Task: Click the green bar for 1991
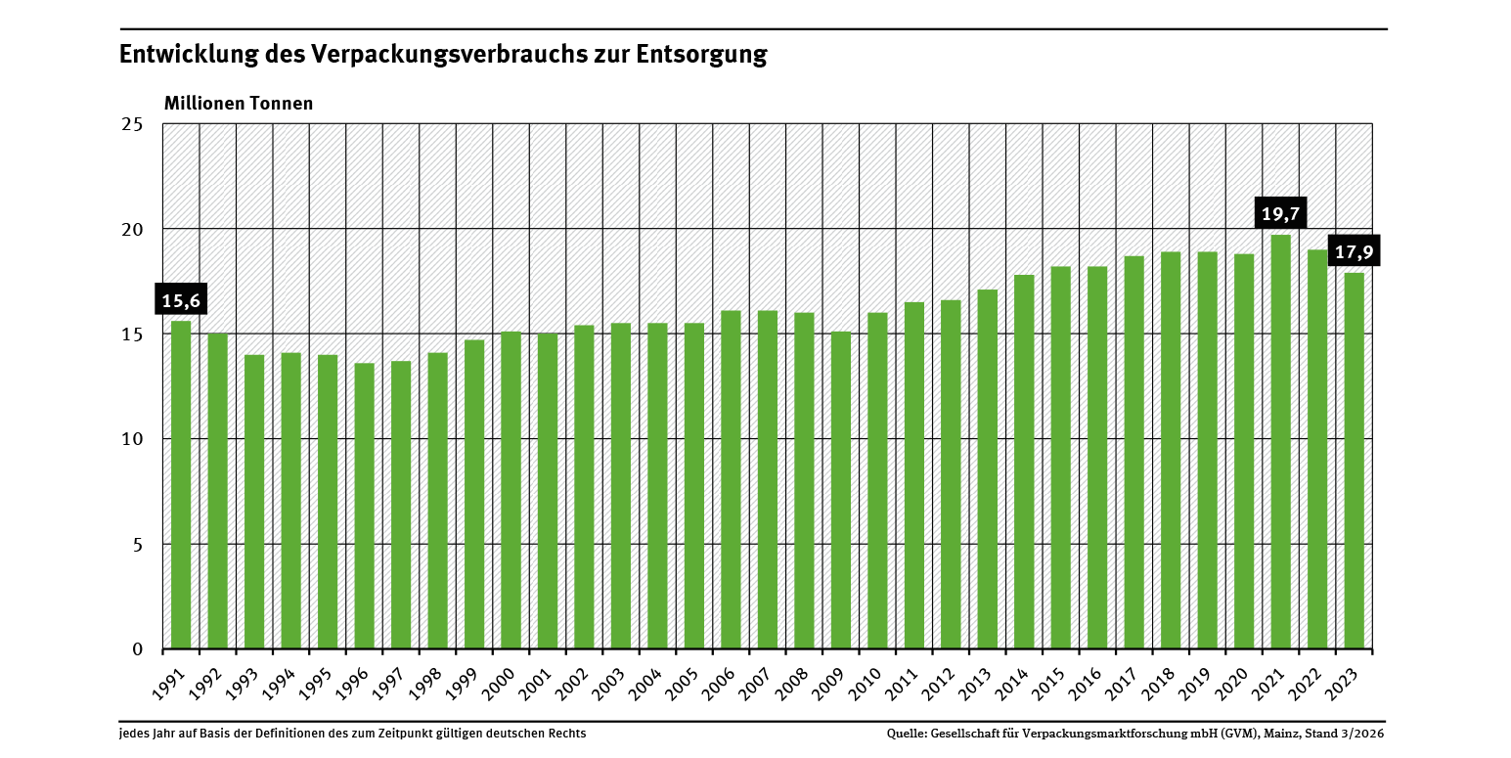coord(181,484)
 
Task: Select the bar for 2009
coord(841,489)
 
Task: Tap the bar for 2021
coord(1280,441)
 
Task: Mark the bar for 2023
coord(1354,461)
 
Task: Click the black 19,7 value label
coord(1280,214)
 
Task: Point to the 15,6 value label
coord(181,300)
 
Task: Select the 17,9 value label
coord(1355,251)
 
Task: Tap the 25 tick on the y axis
coord(133,124)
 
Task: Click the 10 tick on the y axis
coord(133,439)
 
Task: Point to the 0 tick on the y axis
coord(138,649)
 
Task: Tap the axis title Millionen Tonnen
coord(239,103)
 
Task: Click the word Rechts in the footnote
coord(567,734)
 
